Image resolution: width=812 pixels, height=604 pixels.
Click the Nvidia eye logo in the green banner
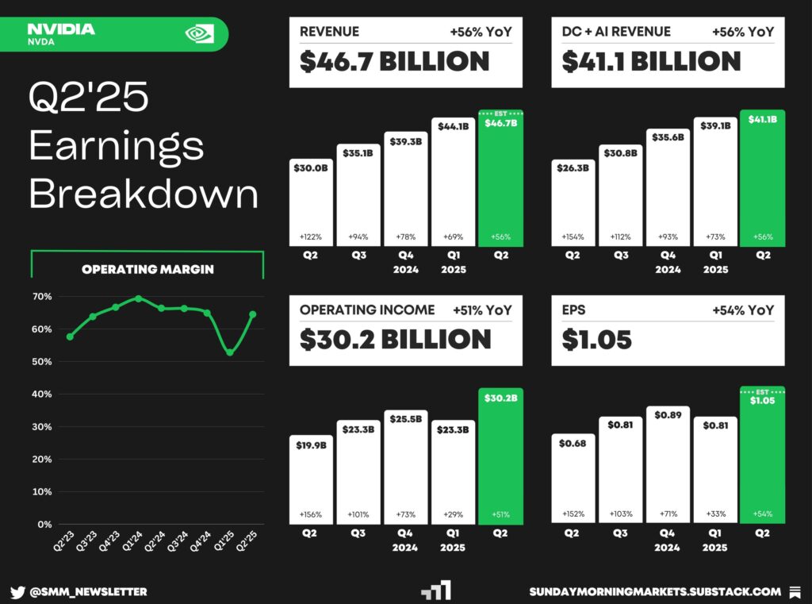click(199, 33)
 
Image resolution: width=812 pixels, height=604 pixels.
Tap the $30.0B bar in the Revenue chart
click(311, 202)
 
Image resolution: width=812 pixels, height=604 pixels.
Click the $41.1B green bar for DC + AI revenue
click(762, 179)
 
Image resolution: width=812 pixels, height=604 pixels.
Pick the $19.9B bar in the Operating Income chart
click(311, 479)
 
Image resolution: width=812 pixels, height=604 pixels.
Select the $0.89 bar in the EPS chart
click(668, 465)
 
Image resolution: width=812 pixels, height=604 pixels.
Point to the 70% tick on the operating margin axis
click(43, 297)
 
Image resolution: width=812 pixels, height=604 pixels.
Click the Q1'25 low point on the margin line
click(230, 352)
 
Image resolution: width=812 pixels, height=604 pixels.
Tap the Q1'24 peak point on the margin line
click(139, 298)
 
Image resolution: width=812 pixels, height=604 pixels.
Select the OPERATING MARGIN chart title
click(147, 269)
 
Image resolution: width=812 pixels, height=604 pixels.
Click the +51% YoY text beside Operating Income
click(482, 310)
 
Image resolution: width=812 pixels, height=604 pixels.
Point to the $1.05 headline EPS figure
click(597, 340)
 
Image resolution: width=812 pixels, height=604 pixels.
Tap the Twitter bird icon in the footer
click(18, 591)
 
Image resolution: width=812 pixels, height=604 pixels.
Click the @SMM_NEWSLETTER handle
click(88, 591)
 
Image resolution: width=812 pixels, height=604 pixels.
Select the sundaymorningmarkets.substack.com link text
click(655, 591)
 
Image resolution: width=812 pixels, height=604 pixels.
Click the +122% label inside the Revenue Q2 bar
click(311, 237)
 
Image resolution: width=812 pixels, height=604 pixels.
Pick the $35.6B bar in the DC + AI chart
click(668, 187)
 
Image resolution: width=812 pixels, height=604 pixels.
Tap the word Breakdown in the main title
click(144, 194)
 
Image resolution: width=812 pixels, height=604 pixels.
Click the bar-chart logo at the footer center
click(436, 591)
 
